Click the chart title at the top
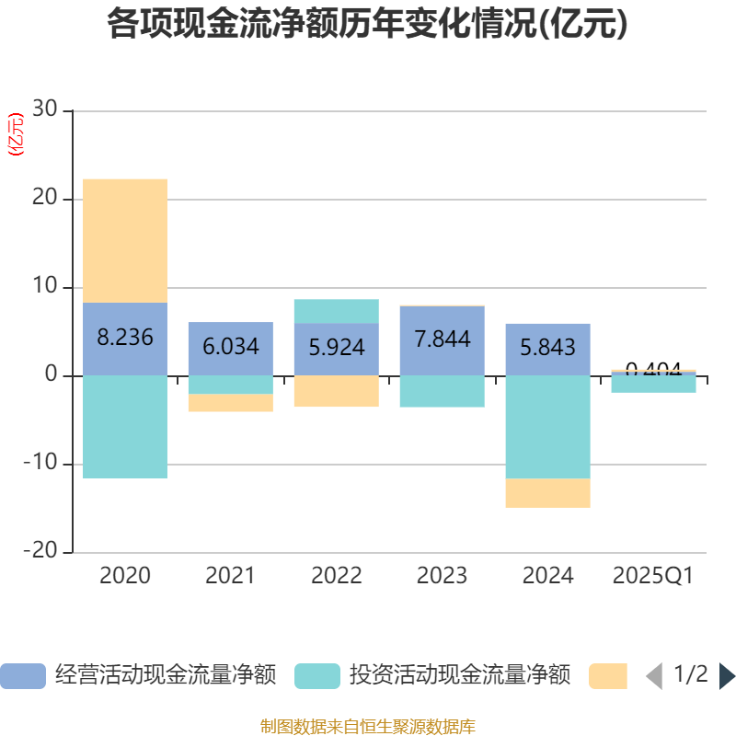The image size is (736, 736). click(367, 24)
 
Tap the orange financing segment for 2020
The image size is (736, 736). click(125, 240)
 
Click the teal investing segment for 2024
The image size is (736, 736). click(547, 427)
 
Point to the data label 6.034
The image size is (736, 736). click(231, 347)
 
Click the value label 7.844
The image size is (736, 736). click(443, 339)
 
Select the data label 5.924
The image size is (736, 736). click(337, 348)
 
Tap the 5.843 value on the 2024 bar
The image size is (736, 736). click(547, 347)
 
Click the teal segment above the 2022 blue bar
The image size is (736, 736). click(337, 311)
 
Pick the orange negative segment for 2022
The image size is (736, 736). click(337, 391)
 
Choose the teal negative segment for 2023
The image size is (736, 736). click(443, 391)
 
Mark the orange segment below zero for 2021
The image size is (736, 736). click(231, 403)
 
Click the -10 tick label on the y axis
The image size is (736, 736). click(40, 464)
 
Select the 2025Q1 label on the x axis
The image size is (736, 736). click(653, 576)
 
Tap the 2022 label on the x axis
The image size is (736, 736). click(337, 576)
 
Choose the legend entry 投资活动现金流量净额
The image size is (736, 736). click(432, 675)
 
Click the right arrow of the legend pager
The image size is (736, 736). click(727, 675)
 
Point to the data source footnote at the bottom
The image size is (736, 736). click(367, 726)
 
